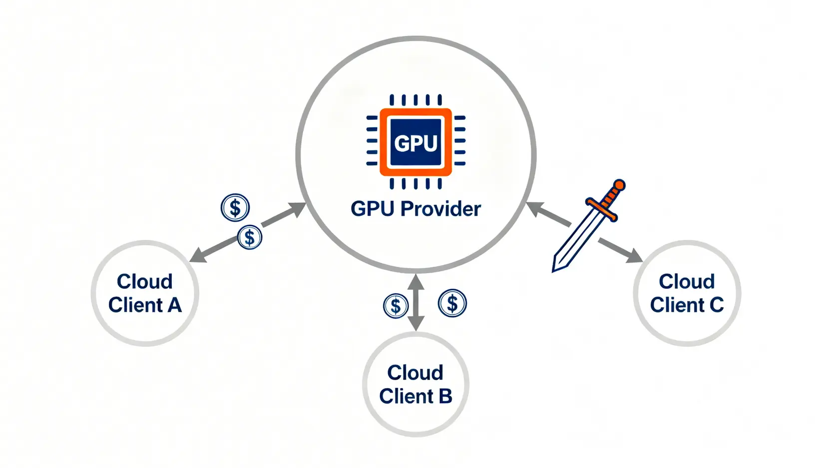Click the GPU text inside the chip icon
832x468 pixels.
click(x=416, y=143)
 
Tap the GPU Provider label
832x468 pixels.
click(x=416, y=209)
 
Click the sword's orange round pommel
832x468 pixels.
click(x=619, y=185)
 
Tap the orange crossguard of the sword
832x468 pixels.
click(x=602, y=209)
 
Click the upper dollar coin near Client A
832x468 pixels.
click(x=235, y=207)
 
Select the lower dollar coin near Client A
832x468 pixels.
click(x=249, y=238)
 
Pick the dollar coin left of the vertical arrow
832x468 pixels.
click(x=396, y=306)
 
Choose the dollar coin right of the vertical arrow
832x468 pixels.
click(x=452, y=303)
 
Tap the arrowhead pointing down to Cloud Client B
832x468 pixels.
click(x=416, y=324)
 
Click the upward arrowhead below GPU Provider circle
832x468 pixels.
click(x=416, y=281)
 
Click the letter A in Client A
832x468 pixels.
click(x=174, y=305)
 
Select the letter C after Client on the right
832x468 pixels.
click(x=716, y=305)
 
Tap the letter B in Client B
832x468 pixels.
click(x=445, y=397)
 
